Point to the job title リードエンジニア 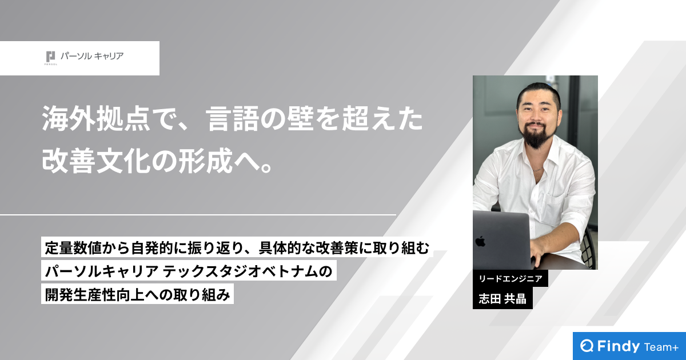510,279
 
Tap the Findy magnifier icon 587,346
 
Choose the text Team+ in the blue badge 660,347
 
